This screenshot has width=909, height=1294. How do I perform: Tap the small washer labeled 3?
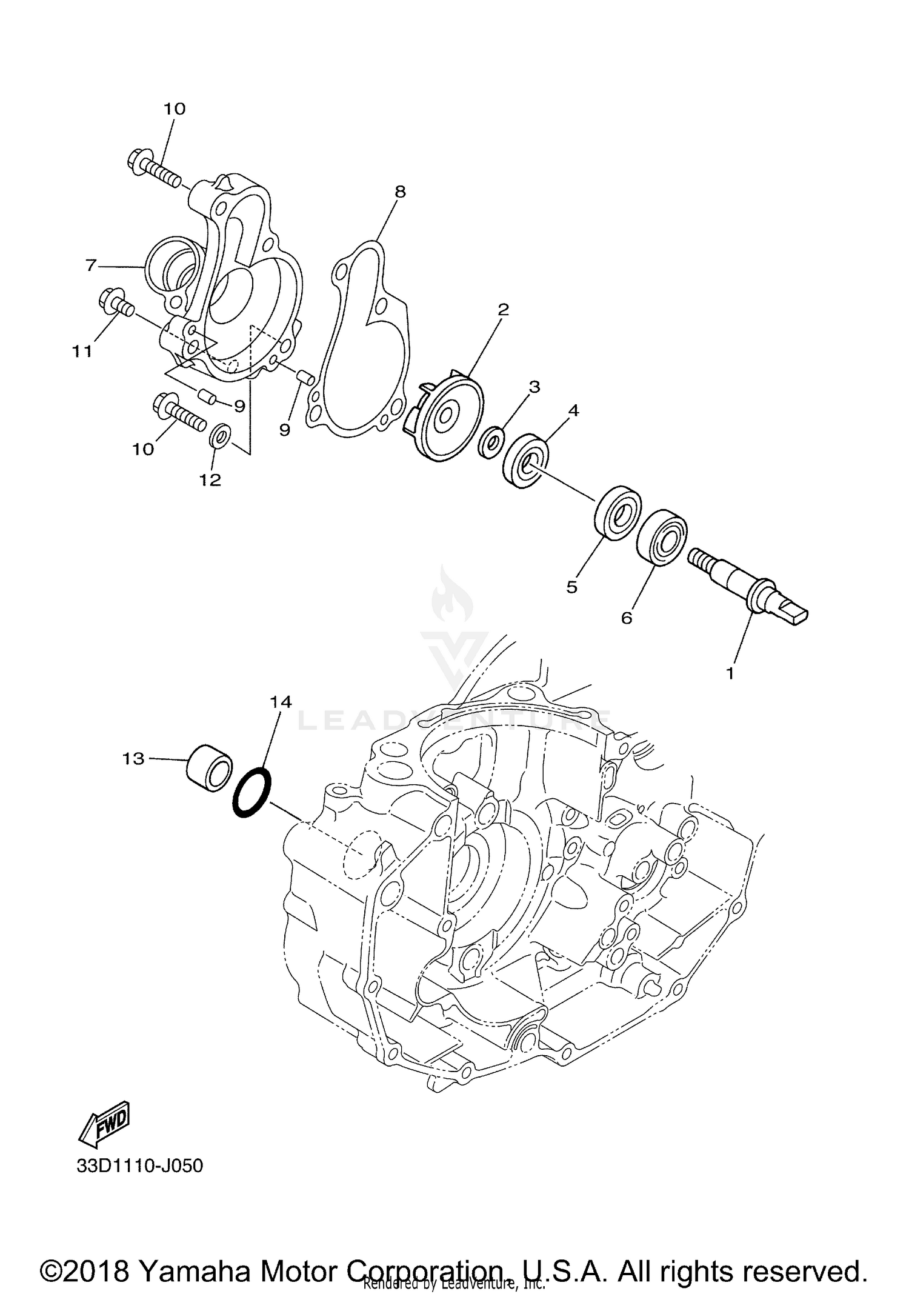click(490, 444)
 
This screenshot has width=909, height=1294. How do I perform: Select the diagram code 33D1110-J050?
click(139, 1166)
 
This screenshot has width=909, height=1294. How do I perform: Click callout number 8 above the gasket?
click(399, 192)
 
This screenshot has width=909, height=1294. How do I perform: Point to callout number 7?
click(91, 265)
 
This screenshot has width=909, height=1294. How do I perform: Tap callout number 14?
click(281, 702)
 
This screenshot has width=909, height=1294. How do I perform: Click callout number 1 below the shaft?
click(730, 673)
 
